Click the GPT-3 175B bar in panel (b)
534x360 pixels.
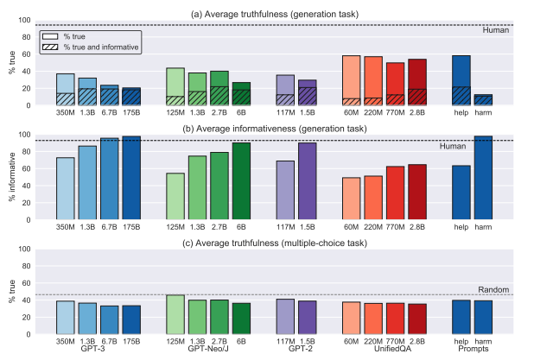131,178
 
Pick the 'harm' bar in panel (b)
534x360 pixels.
484,178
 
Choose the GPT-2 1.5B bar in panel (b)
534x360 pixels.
307,181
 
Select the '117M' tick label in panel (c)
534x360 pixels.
285,341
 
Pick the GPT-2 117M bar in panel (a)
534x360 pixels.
285,90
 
